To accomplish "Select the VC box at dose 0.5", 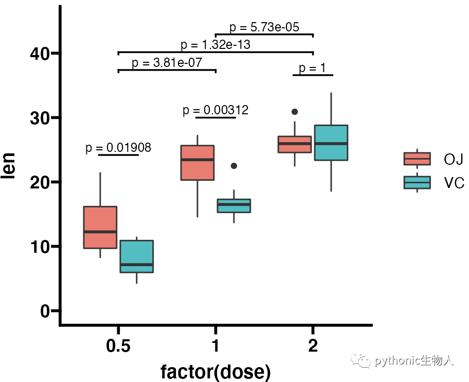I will pos(137,256).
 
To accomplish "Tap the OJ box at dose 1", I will pos(197,163).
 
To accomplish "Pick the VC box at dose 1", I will pos(233,205).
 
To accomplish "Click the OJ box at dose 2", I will pos(295,144).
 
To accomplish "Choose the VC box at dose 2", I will pos(331,143).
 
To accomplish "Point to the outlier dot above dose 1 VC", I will pos(234,166).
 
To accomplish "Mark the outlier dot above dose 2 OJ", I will pos(295,112).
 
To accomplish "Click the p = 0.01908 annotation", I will pos(118,148).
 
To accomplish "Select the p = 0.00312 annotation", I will pos(215,110).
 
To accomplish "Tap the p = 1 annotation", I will pos(313,68).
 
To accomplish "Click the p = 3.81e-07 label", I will pos(167,63).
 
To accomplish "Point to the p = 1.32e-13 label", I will pos(215,45).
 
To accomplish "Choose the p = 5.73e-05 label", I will pos(264,27).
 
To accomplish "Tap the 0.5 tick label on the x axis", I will pos(118,346).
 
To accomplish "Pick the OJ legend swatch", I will pos(417,159).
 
